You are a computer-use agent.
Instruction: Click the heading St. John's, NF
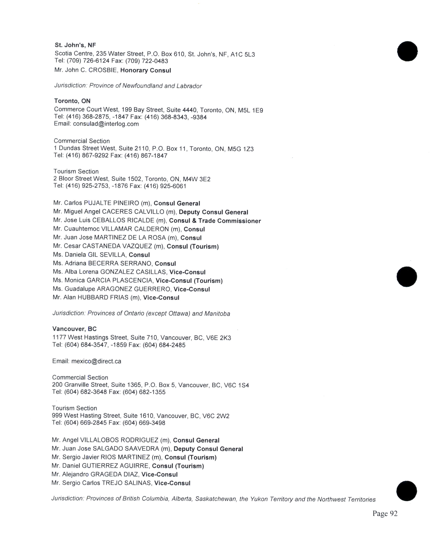coord(75,45)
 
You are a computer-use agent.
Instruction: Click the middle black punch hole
coord(407,277)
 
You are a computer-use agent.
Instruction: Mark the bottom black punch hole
coord(406,491)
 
